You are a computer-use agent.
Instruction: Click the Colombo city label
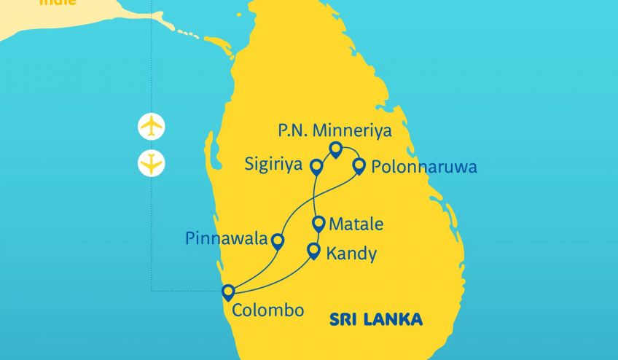pos(267,310)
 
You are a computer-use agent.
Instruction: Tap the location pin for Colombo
pos(228,292)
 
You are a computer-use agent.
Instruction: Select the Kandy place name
pos(352,254)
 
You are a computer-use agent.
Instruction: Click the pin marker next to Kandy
pos(313,251)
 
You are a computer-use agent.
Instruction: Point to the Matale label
pos(356,224)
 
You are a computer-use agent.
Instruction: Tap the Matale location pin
pos(318,223)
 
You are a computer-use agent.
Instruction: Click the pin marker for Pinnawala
pos(278,241)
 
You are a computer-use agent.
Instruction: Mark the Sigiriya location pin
pos(317,167)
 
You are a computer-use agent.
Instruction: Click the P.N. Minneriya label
pos(335,131)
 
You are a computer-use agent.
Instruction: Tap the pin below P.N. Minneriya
pos(335,149)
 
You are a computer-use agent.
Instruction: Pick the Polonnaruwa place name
pos(424,168)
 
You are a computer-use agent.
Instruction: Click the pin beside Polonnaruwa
pos(359,167)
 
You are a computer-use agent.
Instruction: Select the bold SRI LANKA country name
pos(376,319)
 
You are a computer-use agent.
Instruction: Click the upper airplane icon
pos(152,126)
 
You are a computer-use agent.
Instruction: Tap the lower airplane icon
pos(152,163)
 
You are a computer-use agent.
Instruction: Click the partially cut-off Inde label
pos(58,3)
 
